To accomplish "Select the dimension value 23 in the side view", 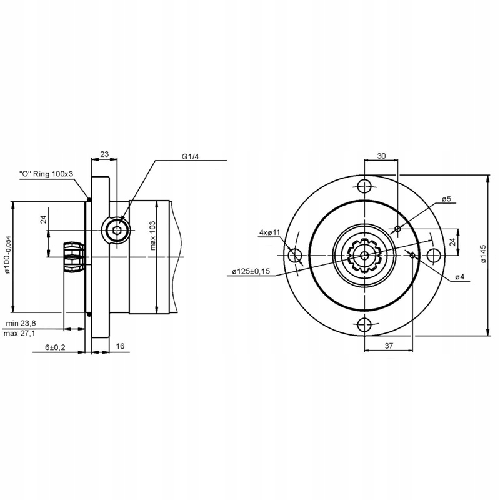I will (x=104, y=153).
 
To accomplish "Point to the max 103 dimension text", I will (x=153, y=236).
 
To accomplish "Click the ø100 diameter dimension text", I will (x=8, y=255).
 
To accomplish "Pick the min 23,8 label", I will (x=22, y=322).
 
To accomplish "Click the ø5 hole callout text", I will (x=446, y=199).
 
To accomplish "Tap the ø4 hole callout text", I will (x=459, y=276).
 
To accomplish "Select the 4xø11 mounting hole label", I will (x=269, y=232).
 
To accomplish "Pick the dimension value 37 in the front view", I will (x=387, y=346).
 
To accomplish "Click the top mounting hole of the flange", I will (x=364, y=186).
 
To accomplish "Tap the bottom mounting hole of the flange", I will (x=364, y=324).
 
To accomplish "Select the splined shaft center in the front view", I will (x=364, y=255).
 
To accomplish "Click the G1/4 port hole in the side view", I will (x=117, y=231).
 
